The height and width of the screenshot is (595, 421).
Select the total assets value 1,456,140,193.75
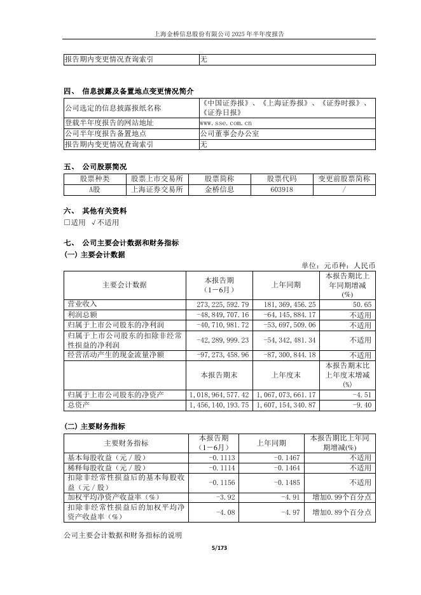pyautogui.click(x=219, y=405)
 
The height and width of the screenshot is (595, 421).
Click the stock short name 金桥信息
pyautogui.click(x=219, y=189)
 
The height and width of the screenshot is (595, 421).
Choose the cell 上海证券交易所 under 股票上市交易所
pyautogui.click(x=156, y=189)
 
